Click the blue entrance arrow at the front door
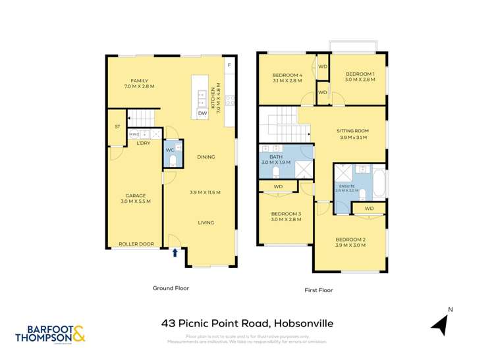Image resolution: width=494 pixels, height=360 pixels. click(175, 252)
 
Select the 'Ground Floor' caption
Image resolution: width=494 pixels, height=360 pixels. click(172, 288)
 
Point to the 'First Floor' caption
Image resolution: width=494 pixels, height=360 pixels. click(319, 290)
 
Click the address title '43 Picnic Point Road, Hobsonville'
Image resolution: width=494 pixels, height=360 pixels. click(246, 323)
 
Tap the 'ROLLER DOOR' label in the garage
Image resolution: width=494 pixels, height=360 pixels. click(136, 244)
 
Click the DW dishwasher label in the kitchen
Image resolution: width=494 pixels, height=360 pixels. click(202, 113)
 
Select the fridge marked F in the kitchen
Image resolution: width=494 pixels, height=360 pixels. click(228, 66)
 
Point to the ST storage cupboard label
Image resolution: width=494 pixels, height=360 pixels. click(118, 126)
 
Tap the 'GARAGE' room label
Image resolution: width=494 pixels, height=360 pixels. click(136, 195)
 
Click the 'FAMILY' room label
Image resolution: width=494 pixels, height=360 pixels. click(139, 80)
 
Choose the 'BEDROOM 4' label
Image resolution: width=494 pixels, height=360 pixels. click(287, 75)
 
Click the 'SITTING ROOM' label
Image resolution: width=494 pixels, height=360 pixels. click(354, 130)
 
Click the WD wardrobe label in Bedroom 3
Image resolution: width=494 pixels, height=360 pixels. click(278, 187)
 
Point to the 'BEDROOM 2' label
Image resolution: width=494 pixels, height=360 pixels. click(350, 239)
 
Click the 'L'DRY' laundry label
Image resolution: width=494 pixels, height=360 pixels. click(145, 143)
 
